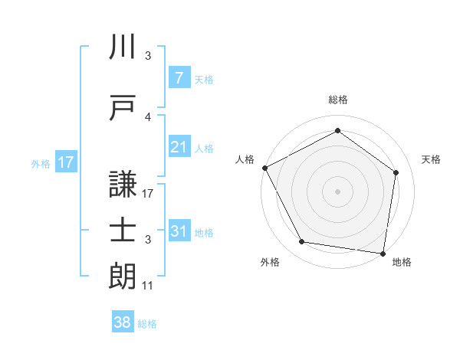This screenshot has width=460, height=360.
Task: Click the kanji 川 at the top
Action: pos(123,48)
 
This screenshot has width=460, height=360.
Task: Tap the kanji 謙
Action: pos(123,183)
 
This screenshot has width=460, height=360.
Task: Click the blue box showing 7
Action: pos(179,78)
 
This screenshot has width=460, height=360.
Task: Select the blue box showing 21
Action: pos(179,147)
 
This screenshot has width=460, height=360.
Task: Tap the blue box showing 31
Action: pos(179,231)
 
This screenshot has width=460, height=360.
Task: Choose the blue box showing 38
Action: pos(123,322)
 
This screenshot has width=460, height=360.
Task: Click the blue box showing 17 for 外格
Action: pos(65,162)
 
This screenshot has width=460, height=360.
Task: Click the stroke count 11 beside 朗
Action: pos(148,286)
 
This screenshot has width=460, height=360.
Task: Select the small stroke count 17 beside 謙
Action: pos(148,194)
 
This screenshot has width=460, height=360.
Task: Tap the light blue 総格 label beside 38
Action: pos(147,324)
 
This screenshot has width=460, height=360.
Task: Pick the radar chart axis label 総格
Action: pos(337,100)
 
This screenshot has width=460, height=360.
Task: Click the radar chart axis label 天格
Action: pos(431,159)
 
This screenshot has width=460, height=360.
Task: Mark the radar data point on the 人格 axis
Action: pos(264,168)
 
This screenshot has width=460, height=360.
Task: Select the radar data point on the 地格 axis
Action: pos(383,253)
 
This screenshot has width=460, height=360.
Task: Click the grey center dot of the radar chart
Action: pos(337,191)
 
